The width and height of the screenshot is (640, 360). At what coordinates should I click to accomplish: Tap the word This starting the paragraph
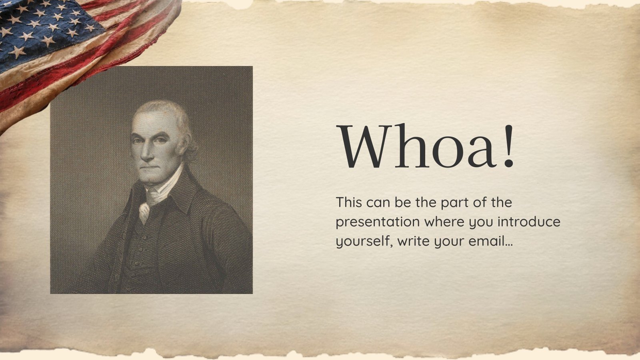[349, 202]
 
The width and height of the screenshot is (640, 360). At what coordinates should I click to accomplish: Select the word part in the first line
[454, 203]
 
